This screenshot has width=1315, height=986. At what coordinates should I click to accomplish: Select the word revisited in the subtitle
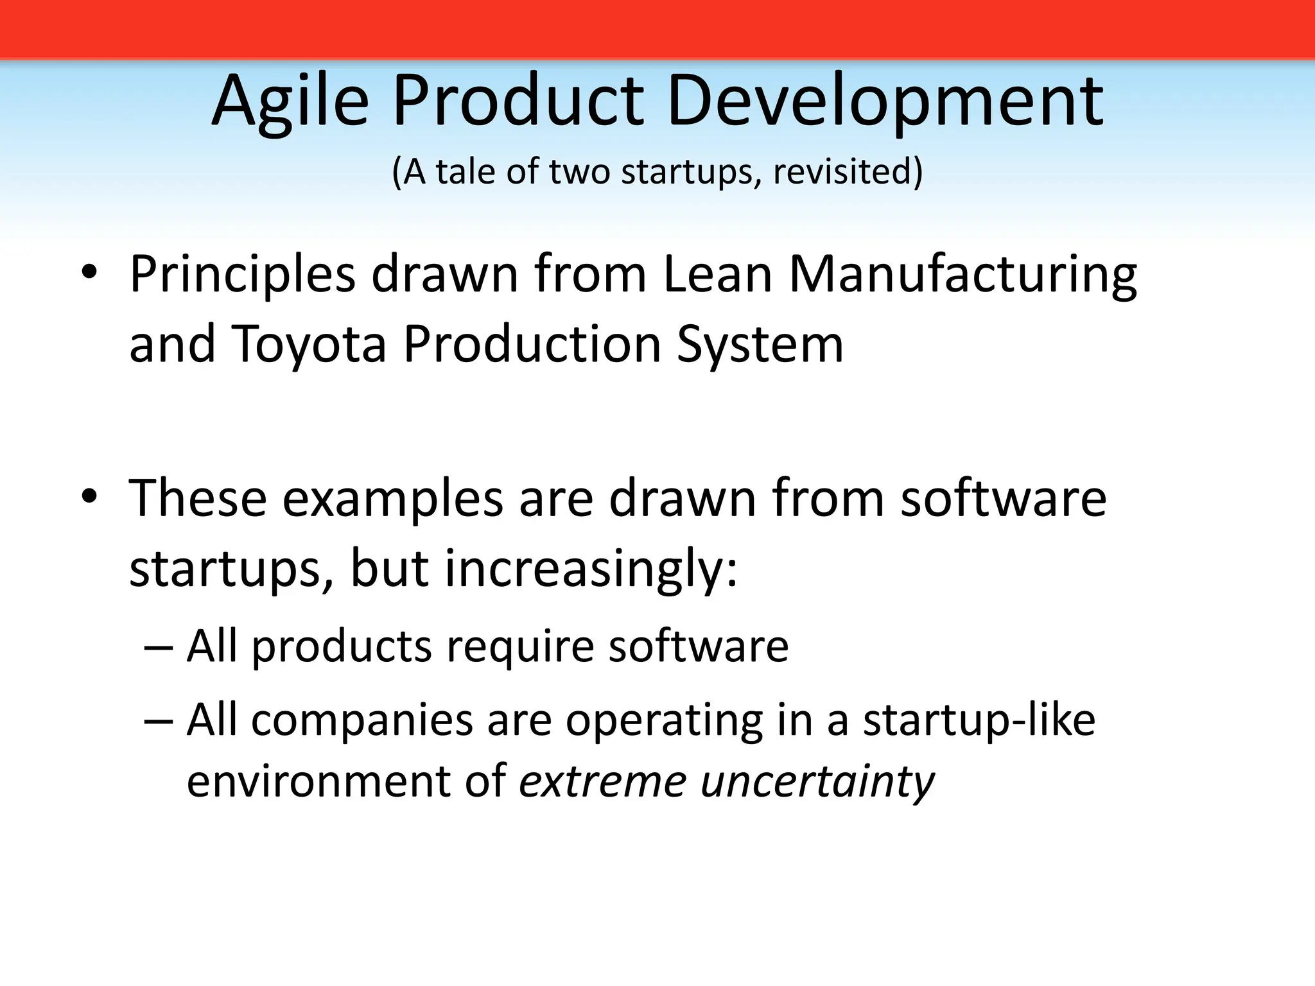point(848,172)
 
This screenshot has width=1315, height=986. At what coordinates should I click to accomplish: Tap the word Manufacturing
point(962,275)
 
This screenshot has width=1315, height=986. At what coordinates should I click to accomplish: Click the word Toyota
point(309,345)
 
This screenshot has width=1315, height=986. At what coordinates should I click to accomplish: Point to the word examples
point(393,499)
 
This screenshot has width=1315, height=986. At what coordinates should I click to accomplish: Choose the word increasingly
point(591,569)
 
